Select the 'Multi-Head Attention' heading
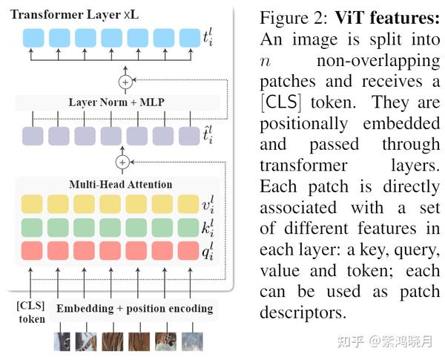pos(120,184)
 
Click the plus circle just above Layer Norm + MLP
pos(124,81)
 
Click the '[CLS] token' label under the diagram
pos(31,312)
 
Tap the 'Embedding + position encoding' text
pos(133,308)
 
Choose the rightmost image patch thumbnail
pos(190,340)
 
